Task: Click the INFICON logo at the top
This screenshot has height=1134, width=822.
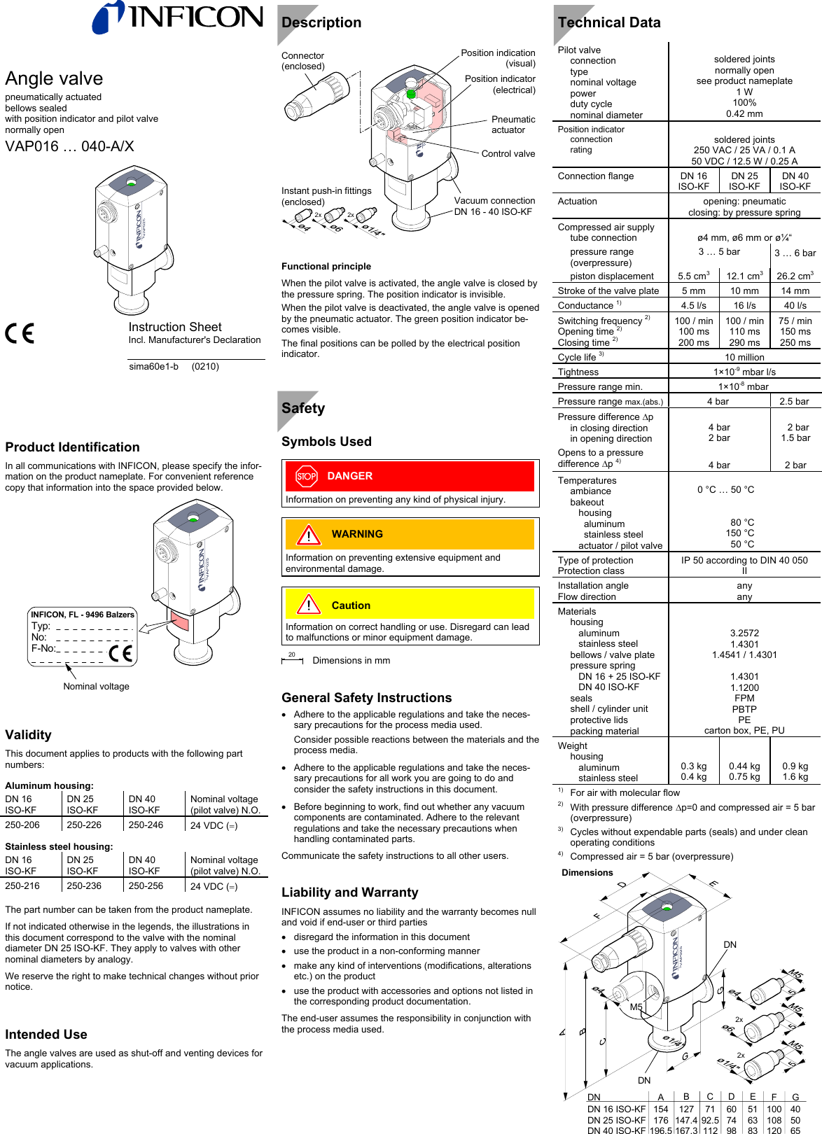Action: click(179, 17)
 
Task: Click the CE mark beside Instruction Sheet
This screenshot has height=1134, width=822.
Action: click(20, 333)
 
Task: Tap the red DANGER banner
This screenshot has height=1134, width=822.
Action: click(410, 476)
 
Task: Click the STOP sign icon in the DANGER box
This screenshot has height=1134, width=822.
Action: click(306, 477)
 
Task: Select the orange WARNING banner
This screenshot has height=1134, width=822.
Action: click(410, 534)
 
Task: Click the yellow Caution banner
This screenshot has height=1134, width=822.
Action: click(410, 605)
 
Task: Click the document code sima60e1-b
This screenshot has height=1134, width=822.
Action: click(153, 366)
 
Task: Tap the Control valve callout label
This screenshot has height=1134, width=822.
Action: click(508, 154)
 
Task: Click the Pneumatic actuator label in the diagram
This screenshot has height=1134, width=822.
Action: click(513, 125)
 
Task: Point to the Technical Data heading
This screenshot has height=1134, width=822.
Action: click(609, 22)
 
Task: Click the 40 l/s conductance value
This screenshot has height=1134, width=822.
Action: click(795, 305)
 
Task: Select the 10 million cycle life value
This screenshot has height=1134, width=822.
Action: click(744, 358)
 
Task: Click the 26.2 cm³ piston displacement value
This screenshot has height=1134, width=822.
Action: click(795, 276)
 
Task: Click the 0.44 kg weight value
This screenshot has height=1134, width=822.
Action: click(744, 766)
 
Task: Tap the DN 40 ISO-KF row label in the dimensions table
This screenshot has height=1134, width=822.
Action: click(616, 1130)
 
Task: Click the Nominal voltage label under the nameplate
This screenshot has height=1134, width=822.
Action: click(96, 687)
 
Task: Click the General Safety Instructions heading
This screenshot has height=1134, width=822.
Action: click(366, 698)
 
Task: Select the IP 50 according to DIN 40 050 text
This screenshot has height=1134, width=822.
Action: click(744, 561)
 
